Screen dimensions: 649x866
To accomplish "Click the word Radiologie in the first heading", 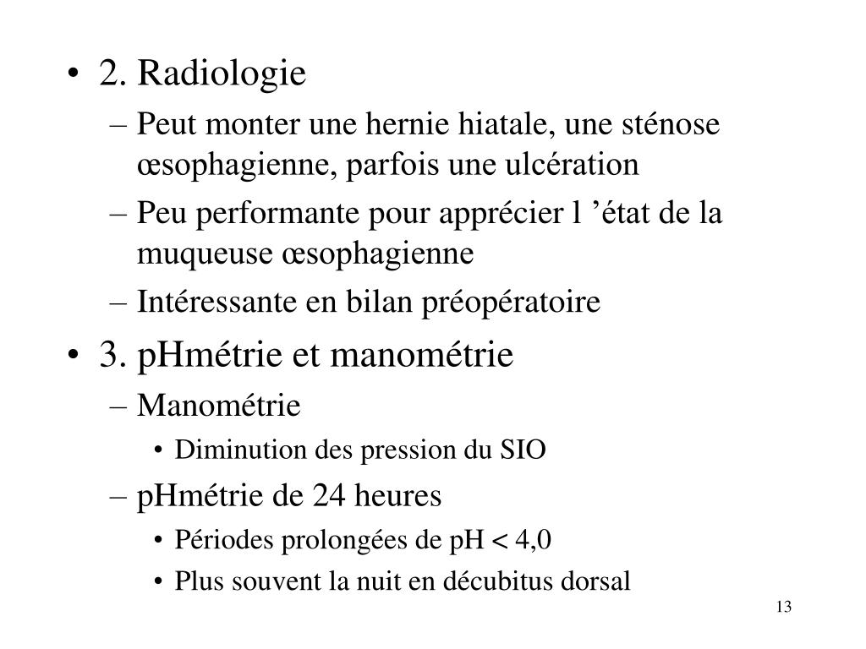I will tap(222, 75).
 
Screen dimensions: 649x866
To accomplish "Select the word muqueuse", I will tap(200, 253).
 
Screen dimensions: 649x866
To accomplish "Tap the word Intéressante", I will tap(220, 302).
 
